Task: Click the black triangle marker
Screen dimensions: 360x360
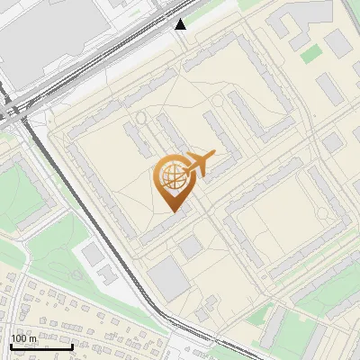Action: tap(181, 24)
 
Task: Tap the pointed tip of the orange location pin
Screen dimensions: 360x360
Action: tap(173, 210)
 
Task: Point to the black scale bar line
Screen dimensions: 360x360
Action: tap(41, 346)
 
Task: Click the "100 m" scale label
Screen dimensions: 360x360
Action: tap(24, 337)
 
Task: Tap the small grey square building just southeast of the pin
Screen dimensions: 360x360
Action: tap(190, 247)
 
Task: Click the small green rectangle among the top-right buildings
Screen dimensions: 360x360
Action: tap(310, 54)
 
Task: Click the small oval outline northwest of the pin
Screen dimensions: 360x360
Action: tap(140, 118)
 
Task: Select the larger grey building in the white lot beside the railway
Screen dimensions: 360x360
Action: tap(94, 254)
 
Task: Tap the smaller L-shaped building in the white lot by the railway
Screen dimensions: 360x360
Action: tap(107, 273)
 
